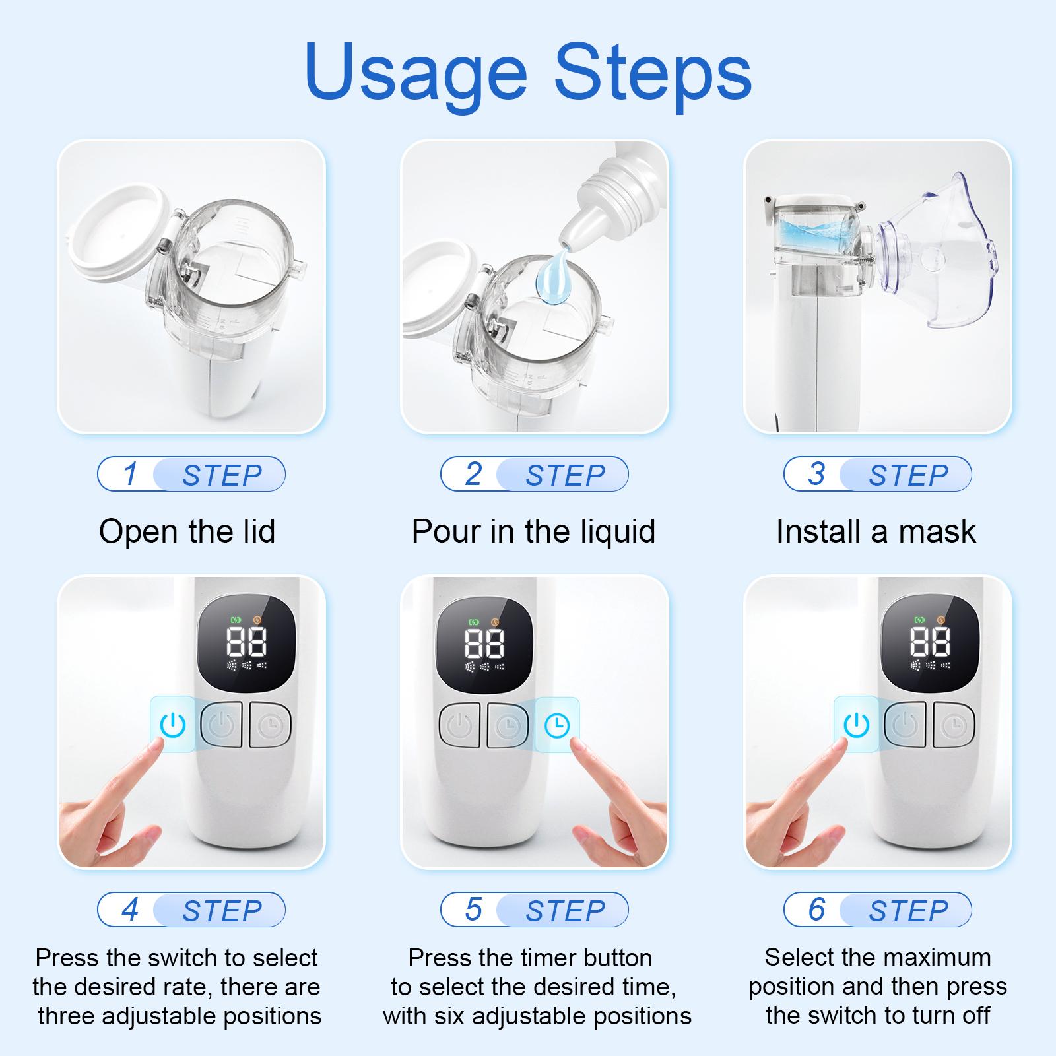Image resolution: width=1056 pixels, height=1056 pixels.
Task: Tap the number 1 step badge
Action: (x=191, y=474)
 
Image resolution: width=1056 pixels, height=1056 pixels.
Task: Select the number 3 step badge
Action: (x=878, y=474)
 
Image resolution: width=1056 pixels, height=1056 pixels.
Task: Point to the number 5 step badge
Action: (x=535, y=909)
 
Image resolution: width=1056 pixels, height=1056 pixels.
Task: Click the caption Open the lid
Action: (x=187, y=531)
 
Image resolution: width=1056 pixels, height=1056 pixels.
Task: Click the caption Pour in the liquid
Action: (x=533, y=531)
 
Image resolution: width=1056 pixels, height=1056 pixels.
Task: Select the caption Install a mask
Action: (x=876, y=531)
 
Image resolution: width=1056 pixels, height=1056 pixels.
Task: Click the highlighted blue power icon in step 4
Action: (x=172, y=725)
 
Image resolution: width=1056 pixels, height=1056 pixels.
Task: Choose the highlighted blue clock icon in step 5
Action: (x=557, y=725)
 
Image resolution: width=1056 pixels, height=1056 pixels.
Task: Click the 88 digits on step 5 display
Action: (x=484, y=643)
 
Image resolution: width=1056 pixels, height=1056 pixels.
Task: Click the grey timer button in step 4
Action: (x=271, y=725)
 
